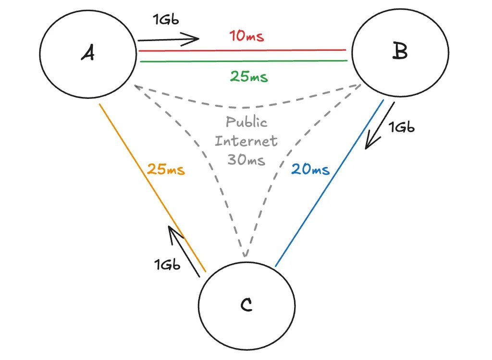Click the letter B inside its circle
[x=399, y=51]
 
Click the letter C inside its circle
[x=246, y=304]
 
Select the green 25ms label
[x=248, y=76]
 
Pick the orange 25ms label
[x=166, y=169]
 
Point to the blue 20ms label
[x=310, y=169]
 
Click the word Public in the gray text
[x=246, y=122]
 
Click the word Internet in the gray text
[x=246, y=141]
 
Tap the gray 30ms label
[x=246, y=160]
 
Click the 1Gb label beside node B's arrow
[x=401, y=127]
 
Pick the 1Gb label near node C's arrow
[x=167, y=264]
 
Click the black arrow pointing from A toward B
[x=168, y=39]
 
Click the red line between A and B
[x=240, y=50]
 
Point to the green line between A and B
[x=240, y=61]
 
